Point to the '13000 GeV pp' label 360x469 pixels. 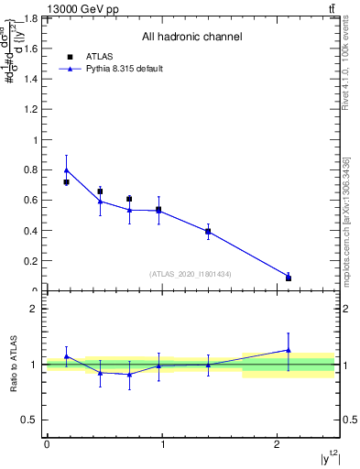pos(78,7)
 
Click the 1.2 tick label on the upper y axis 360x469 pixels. pos(30,110)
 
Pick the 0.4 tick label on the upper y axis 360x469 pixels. pos(30,231)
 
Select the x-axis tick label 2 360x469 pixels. pos(278,444)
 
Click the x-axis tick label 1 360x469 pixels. pos(162,444)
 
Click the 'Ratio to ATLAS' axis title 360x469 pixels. pos(13,365)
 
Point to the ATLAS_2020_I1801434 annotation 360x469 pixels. pos(191,274)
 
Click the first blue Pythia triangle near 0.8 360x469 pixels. pos(66,169)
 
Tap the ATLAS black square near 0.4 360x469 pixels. pos(208,232)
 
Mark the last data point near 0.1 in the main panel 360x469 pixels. pos(289,277)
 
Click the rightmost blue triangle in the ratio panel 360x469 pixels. pos(289,349)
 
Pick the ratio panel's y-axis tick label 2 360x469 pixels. pos(34,309)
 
